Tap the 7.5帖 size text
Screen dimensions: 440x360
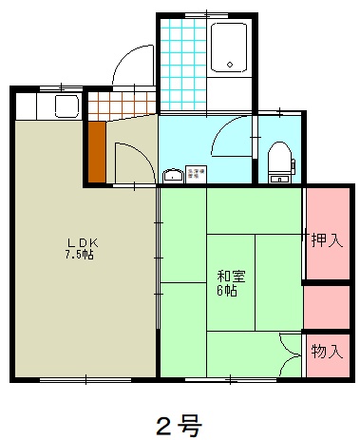(79, 255)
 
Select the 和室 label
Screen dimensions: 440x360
(230, 277)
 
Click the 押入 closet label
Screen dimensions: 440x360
(327, 240)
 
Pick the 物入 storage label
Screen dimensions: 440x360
(327, 351)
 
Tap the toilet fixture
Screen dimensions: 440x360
(281, 159)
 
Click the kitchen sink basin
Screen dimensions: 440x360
(66, 104)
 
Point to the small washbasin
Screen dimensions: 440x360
(173, 175)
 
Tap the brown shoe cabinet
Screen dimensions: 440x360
(96, 152)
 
